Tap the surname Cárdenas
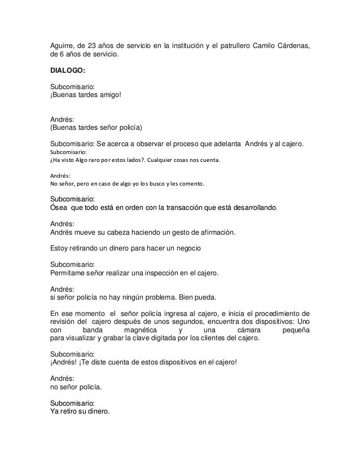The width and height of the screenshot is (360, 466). point(291,45)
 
